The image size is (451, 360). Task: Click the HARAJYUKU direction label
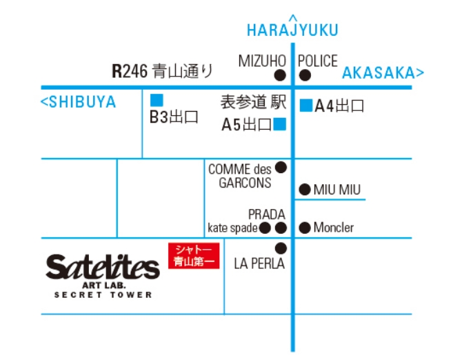292,30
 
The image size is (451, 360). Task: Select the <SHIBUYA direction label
78,103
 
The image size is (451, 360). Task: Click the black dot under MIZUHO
280,75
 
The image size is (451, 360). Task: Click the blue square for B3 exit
157,100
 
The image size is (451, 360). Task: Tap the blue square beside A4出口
306,106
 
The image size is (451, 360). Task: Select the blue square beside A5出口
279,124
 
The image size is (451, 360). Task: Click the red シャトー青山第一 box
194,255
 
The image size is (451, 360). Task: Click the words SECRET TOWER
103,295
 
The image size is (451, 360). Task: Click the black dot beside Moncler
304,228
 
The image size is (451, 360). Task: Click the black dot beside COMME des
281,167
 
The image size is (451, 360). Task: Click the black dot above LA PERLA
281,248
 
